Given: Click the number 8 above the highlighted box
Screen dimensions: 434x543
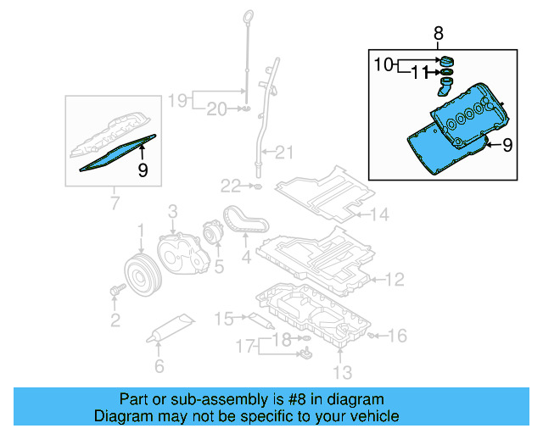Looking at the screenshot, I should click(x=438, y=34).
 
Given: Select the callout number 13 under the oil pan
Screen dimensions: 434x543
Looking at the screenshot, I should click(x=341, y=372).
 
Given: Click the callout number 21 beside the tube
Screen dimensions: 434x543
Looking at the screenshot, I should click(x=283, y=153).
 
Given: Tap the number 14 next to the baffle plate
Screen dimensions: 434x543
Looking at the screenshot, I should click(x=378, y=215).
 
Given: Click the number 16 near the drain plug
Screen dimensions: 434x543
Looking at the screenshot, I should click(x=397, y=336).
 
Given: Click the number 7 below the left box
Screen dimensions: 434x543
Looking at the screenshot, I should click(x=113, y=203).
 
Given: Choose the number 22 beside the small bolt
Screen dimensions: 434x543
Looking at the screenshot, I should click(x=232, y=185).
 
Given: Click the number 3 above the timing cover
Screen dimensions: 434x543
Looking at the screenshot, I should click(x=171, y=209).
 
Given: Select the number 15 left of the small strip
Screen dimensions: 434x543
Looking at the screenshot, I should click(x=223, y=320).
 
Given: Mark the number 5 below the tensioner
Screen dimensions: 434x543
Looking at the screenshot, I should click(x=218, y=268).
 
